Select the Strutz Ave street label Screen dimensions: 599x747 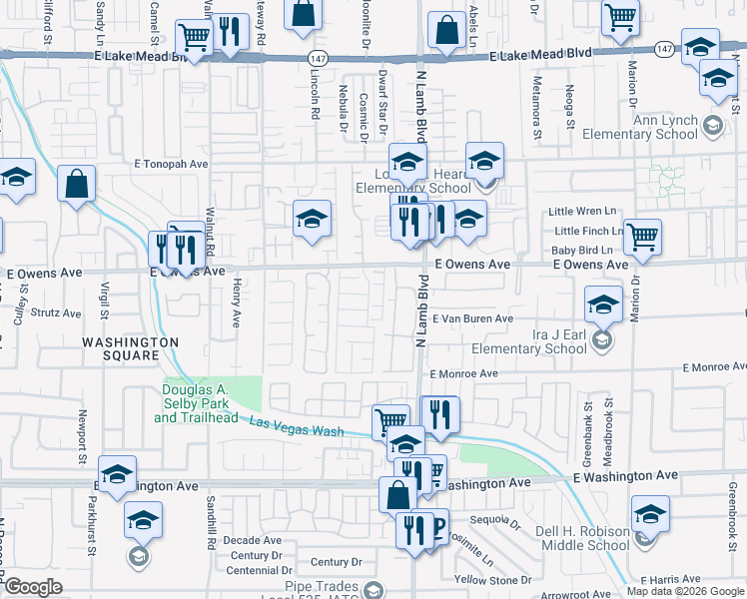pyautogui.click(x=56, y=312)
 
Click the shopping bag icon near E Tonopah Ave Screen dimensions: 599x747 pyautogui.click(x=76, y=185)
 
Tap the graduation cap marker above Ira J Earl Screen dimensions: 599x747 pyautogui.click(x=603, y=303)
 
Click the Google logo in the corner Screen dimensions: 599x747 pyautogui.click(x=33, y=587)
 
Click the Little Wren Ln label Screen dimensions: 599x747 pyautogui.click(x=581, y=212)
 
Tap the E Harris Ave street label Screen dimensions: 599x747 pyautogui.click(x=671, y=579)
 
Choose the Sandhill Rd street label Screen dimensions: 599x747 pyautogui.click(x=212, y=524)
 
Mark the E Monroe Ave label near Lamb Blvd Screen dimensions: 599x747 pyautogui.click(x=463, y=373)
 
